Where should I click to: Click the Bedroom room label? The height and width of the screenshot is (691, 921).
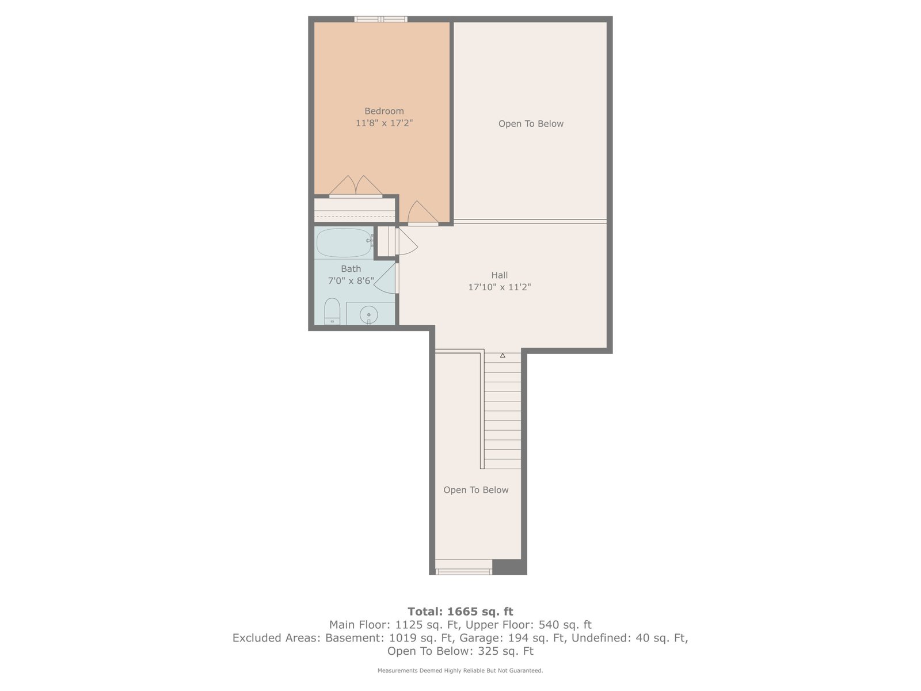tap(384, 111)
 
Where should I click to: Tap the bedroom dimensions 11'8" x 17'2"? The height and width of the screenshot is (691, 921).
tap(384, 123)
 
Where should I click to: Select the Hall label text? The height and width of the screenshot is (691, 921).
tap(499, 275)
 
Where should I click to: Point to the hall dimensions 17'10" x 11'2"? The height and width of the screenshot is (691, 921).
tap(499, 287)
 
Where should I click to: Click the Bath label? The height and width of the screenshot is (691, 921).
tap(351, 268)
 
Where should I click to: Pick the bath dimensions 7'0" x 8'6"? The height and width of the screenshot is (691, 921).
tap(351, 280)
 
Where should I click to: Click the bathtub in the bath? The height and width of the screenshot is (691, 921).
tap(344, 242)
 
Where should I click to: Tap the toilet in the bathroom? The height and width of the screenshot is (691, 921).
tap(332, 312)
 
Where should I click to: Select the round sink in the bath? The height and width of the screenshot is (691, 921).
tap(369, 314)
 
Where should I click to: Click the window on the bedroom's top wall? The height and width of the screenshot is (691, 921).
tap(380, 19)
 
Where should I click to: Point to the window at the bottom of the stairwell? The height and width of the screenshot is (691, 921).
tap(463, 571)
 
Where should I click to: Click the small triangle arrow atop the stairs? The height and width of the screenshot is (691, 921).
tap(503, 355)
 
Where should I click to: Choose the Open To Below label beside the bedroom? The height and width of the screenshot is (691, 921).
tap(531, 124)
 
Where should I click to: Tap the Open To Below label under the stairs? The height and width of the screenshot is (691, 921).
tap(476, 490)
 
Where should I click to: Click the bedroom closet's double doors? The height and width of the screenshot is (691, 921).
tap(356, 186)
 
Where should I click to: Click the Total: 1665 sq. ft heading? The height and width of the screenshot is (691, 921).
tap(461, 612)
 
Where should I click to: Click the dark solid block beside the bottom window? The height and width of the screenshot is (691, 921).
tap(509, 567)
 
